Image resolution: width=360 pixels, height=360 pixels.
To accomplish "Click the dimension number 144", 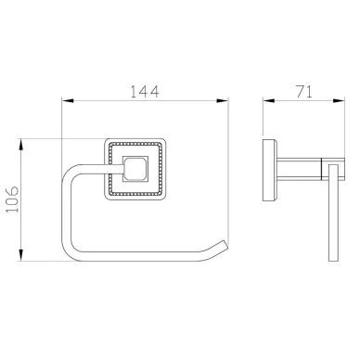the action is pos(144,91).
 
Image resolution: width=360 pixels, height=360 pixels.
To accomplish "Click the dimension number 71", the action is pos(304,91).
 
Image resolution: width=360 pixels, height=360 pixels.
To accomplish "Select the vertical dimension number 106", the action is pos(13,199).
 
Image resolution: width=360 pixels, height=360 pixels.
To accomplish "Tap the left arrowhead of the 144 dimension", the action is pos(68,101).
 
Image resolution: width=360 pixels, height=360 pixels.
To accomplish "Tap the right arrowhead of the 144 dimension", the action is pos(223,101).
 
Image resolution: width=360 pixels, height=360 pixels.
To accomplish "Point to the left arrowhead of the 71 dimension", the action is pos(269,100).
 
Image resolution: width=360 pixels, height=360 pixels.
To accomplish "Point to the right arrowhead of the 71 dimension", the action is pos(339,100).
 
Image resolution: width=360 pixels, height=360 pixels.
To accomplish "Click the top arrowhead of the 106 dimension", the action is pos(21,145).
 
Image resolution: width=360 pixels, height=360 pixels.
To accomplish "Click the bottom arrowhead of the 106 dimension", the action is pos(21,255).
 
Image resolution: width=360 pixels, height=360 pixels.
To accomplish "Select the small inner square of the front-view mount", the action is pos(135,169).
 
